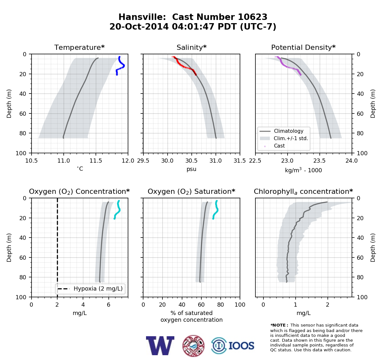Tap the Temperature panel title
79,47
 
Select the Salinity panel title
192,47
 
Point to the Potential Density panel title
303,47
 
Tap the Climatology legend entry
281,131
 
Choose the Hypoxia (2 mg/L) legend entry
90,289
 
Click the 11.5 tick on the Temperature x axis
96,161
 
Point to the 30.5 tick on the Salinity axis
191,161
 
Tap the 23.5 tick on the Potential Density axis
320,161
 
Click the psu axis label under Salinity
191,169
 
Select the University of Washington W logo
160,346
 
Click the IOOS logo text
241,346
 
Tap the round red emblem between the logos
193,346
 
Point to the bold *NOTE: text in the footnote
278,325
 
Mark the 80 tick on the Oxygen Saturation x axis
221,305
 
